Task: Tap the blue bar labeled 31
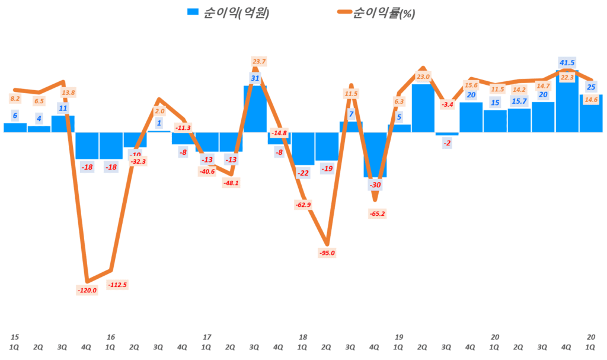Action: (255, 109)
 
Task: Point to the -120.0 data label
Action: (87, 290)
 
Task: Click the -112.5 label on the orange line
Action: (117, 285)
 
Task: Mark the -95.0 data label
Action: (326, 253)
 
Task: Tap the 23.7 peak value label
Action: (259, 61)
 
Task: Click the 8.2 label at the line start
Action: (15, 98)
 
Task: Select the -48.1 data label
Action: (231, 183)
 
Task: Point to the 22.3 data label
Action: (567, 77)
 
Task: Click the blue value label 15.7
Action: (519, 102)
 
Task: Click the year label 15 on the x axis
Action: (14, 337)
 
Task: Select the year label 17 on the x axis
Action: (207, 337)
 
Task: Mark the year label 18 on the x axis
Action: (303, 337)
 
